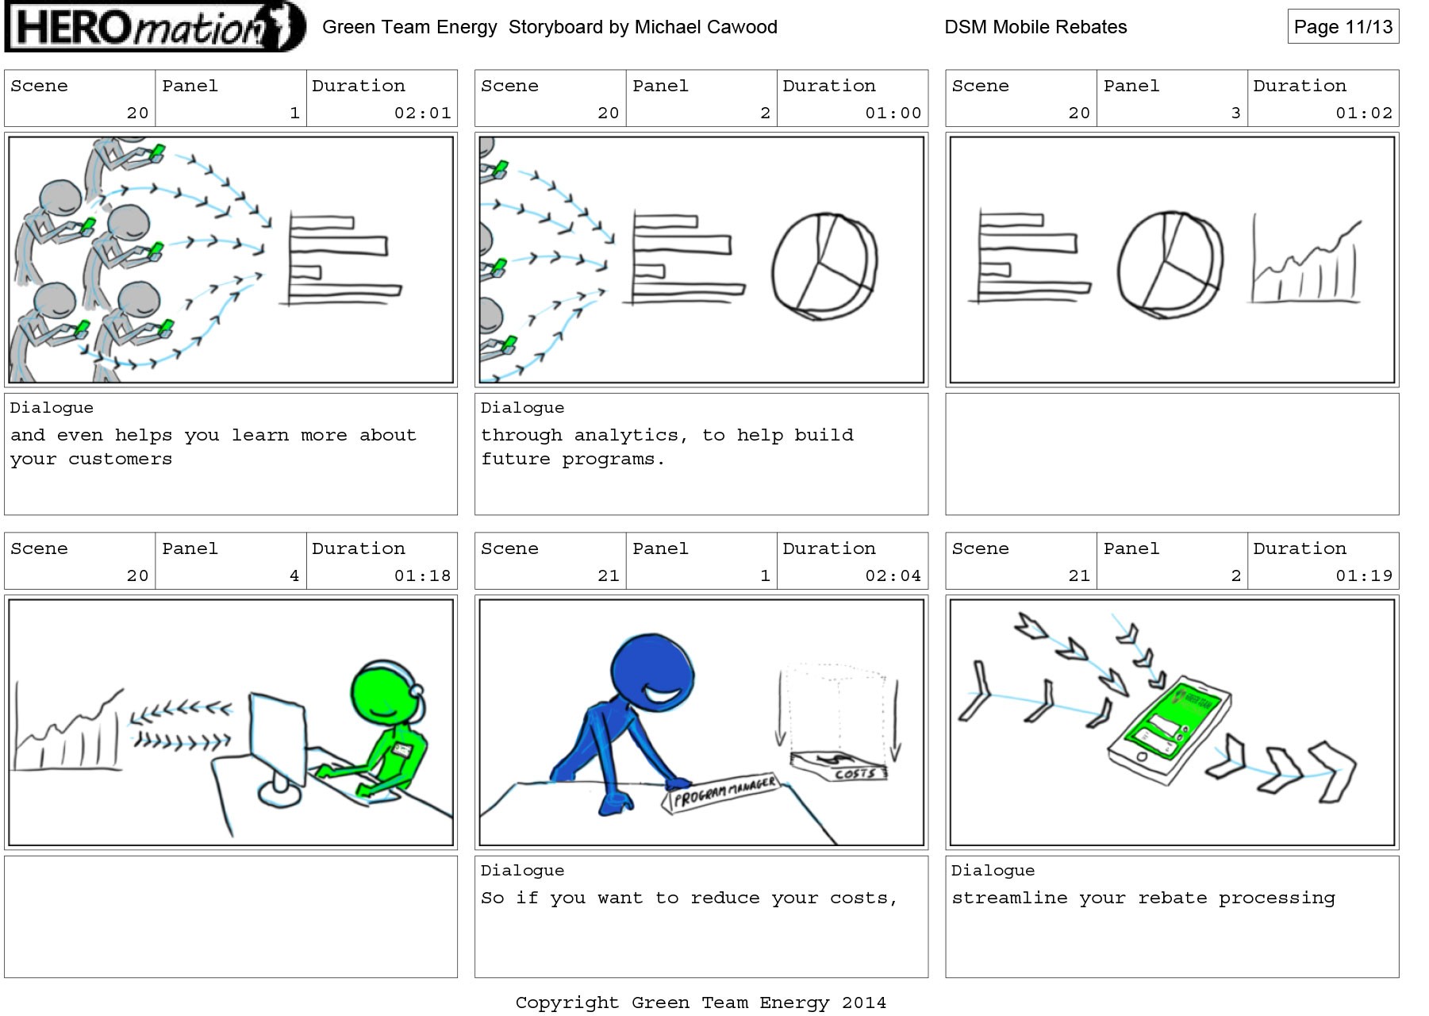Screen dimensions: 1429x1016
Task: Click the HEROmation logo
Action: (155, 27)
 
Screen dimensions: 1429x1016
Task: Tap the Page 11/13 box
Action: (1343, 27)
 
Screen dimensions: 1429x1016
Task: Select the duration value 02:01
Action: (422, 113)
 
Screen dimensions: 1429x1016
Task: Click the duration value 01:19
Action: (1364, 575)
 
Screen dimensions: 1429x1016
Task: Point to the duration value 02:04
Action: (893, 575)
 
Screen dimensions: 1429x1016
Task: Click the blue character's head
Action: (652, 674)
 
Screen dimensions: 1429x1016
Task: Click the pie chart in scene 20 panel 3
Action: (1170, 264)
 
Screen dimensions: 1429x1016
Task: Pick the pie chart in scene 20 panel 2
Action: (824, 266)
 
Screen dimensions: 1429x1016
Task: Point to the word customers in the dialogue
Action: (120, 459)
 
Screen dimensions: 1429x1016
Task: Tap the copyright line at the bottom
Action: (701, 1003)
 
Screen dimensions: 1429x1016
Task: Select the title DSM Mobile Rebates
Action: (1035, 27)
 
